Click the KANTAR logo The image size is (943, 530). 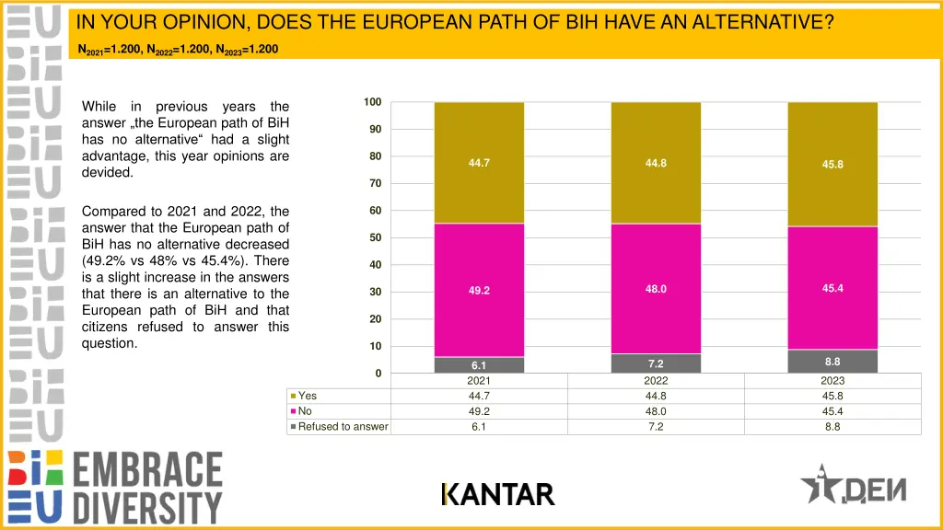click(x=497, y=495)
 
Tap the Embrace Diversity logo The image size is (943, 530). click(x=115, y=487)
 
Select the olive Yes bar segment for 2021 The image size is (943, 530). click(x=479, y=163)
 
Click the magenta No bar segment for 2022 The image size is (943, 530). click(x=656, y=288)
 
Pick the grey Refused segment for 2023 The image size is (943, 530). click(x=832, y=362)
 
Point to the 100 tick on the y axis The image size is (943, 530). click(x=372, y=102)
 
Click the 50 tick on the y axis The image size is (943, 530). click(x=375, y=238)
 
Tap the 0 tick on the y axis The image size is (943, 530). click(x=378, y=374)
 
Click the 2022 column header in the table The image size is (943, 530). click(x=656, y=381)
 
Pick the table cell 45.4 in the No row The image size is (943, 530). click(x=832, y=411)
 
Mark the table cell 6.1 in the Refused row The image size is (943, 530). click(x=479, y=427)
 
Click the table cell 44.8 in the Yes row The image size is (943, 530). click(x=656, y=396)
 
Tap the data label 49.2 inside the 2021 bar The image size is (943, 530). click(x=479, y=291)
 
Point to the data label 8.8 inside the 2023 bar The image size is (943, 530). click(x=832, y=362)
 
